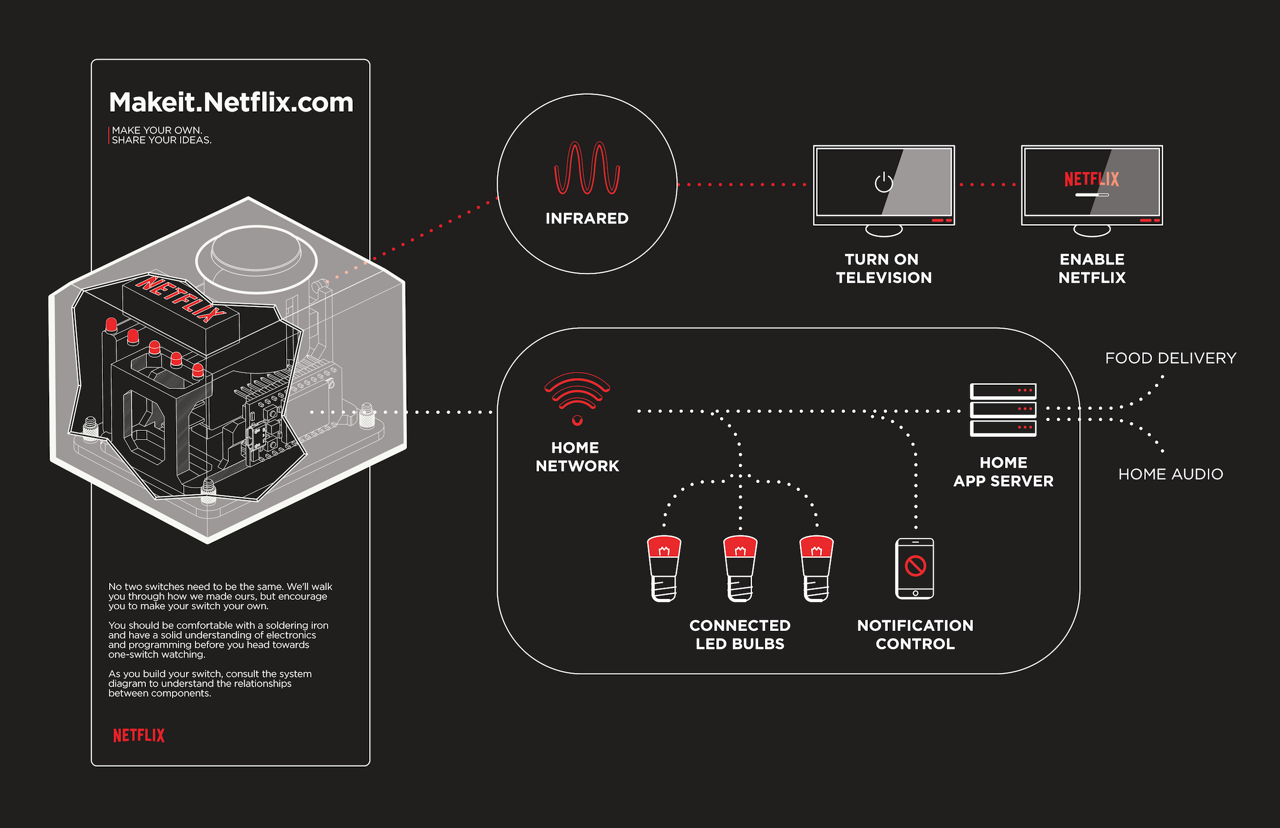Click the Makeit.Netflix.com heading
click(231, 102)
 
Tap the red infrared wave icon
click(587, 168)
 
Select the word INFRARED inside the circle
click(587, 219)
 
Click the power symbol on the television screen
click(883, 182)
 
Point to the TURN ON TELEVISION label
click(883, 268)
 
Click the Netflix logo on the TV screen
click(1091, 179)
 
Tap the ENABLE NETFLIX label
click(1092, 268)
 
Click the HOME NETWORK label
click(577, 456)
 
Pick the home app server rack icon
click(1002, 409)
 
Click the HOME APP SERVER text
click(1003, 471)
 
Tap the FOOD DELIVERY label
click(1170, 358)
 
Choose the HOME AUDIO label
click(1170, 474)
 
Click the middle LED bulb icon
click(740, 568)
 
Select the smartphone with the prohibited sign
click(914, 569)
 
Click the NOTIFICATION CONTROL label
click(915, 635)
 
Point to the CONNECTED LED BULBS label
click(739, 635)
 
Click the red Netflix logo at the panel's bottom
click(138, 735)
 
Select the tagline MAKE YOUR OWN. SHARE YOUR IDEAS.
click(161, 135)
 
